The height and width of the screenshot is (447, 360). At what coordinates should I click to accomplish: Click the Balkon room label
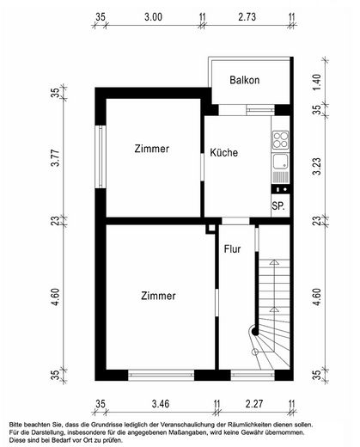pos(245,80)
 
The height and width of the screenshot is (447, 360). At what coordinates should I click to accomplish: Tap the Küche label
pos(224,152)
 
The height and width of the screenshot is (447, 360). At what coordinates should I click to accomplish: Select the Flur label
pos(232,249)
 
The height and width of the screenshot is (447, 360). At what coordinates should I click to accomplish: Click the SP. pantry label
pos(278,205)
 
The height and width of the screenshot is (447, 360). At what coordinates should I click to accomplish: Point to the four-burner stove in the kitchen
pos(280,140)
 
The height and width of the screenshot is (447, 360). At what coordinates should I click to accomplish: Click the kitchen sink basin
pos(280,162)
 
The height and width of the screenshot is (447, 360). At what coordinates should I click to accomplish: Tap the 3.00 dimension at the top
pos(153,17)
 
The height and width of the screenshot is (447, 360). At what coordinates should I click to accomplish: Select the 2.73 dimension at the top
pos(247,17)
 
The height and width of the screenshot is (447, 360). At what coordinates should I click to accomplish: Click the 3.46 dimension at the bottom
pos(161,404)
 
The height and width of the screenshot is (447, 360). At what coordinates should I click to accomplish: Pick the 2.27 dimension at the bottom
pos(254,404)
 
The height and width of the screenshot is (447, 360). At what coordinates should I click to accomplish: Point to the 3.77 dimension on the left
pos(55,158)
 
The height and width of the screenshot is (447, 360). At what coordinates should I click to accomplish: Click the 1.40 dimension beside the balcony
pos(317,82)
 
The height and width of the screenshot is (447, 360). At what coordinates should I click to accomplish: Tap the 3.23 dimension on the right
pos(317,167)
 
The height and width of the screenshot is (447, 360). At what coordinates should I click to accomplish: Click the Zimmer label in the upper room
pos(152,149)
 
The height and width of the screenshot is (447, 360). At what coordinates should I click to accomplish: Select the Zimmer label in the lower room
pos(158,296)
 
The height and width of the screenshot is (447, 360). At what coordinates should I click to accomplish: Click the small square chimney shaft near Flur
pos(211,229)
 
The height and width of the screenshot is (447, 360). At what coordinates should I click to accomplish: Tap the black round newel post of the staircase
pos(254,332)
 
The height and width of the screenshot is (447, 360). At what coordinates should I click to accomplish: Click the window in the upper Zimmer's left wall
pos(101,156)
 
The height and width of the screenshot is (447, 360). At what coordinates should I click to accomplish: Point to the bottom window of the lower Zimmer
pos(162,375)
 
